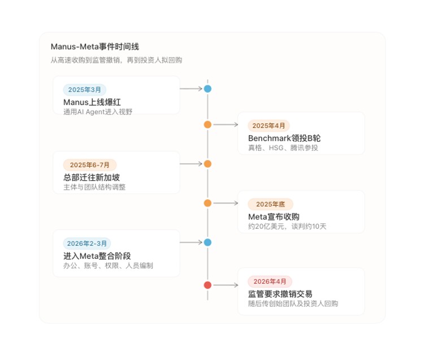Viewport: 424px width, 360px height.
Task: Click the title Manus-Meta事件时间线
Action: coord(95,46)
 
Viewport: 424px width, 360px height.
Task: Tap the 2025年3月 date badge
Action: coord(85,90)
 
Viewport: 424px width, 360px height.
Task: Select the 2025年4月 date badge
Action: coord(269,125)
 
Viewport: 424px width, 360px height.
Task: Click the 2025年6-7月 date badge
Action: coord(90,165)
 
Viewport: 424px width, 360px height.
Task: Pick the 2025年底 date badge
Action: coord(270,204)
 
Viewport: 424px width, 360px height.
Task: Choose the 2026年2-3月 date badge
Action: coord(87,244)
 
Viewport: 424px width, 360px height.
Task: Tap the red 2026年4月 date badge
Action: coord(270,281)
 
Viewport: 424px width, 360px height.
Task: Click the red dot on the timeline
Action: coord(207,285)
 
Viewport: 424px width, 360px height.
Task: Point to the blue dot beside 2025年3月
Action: coord(207,89)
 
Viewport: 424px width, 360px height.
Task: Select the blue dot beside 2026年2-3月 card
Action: coord(207,242)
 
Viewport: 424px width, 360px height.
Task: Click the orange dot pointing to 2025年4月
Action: coord(207,124)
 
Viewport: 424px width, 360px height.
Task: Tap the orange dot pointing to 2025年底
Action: coord(207,203)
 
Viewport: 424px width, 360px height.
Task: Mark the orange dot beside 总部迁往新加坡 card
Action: coord(207,164)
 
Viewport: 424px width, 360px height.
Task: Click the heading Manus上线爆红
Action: coord(92,102)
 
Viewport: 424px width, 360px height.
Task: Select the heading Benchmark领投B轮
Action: coord(284,138)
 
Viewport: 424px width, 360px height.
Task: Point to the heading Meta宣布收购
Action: coord(274,217)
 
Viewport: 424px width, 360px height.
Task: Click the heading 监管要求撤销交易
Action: coord(280,294)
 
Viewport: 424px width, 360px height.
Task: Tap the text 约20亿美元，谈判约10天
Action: coord(287,226)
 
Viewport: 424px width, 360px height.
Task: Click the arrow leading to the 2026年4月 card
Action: coord(226,285)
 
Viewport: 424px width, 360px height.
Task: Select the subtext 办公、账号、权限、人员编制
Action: coord(108,266)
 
